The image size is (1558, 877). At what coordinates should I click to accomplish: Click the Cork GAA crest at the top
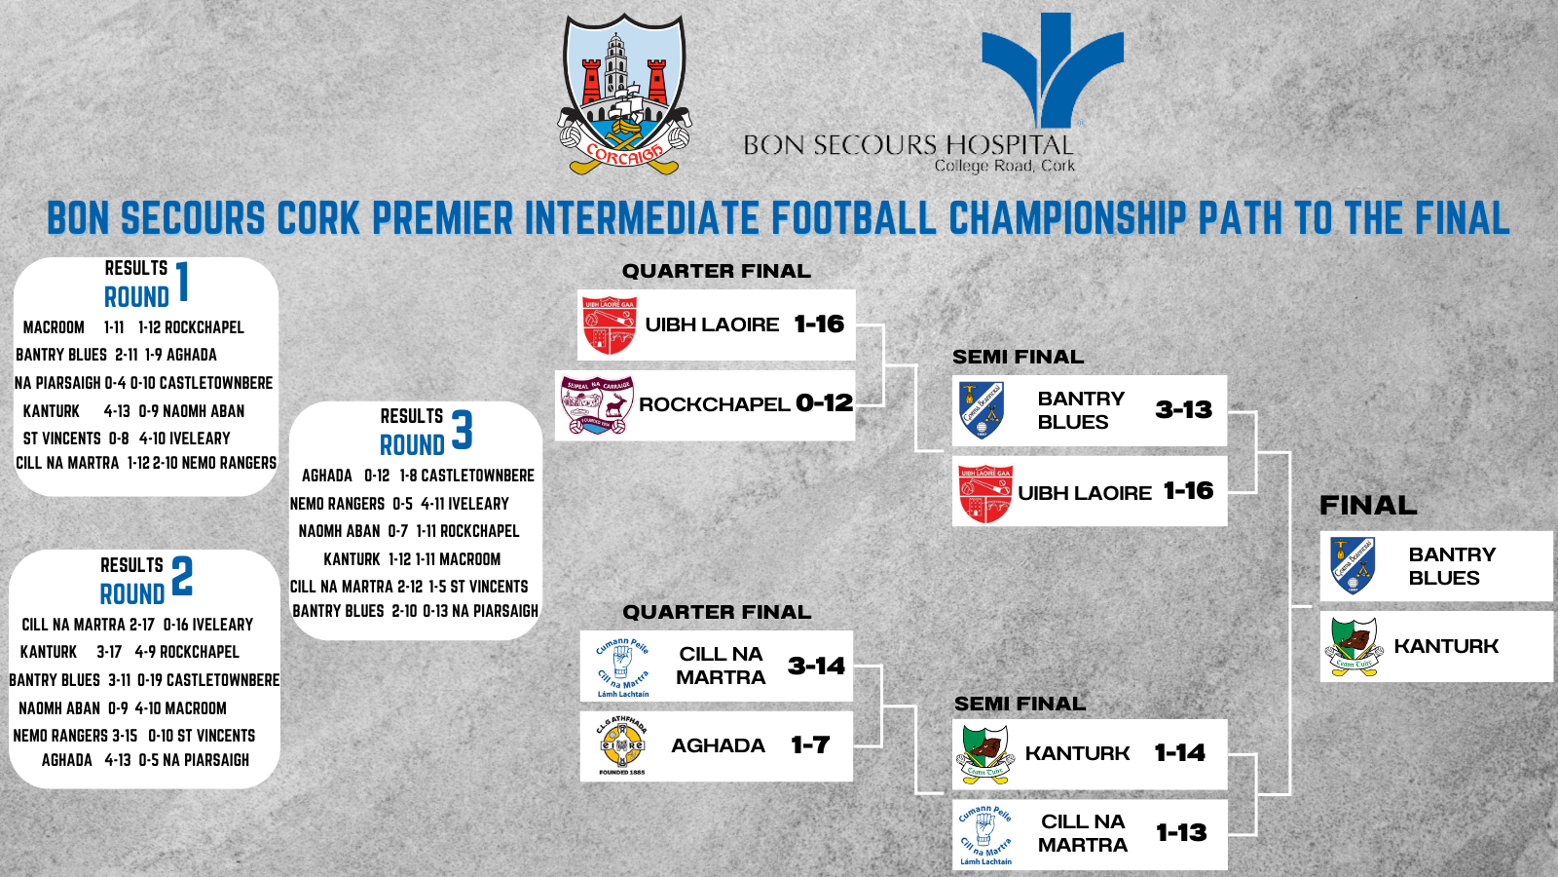click(624, 95)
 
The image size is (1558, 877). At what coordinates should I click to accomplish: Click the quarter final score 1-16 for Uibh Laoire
click(819, 324)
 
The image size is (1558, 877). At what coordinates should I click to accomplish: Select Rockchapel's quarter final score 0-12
click(824, 402)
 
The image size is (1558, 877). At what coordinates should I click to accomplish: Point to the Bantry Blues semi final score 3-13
click(1183, 409)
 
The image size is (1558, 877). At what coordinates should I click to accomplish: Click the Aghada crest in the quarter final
click(622, 745)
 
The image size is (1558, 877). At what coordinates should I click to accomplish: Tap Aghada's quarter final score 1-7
click(810, 745)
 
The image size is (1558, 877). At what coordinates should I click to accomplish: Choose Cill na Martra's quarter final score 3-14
click(816, 666)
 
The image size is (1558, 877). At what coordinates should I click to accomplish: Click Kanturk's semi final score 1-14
click(1179, 752)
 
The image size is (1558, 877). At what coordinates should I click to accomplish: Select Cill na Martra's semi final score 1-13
click(1181, 833)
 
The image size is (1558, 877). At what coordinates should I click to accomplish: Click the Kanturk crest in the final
click(1354, 646)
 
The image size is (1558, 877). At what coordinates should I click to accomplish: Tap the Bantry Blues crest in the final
click(1353, 565)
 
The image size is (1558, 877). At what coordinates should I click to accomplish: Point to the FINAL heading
click(1368, 505)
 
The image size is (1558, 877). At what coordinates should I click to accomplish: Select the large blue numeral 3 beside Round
click(462, 430)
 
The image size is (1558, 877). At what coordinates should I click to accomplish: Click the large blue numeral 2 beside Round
click(182, 576)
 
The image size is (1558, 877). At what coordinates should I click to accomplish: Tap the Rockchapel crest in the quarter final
click(597, 404)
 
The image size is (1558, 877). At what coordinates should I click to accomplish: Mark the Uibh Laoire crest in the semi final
click(984, 493)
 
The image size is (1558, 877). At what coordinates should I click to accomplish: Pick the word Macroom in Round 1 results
click(54, 327)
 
